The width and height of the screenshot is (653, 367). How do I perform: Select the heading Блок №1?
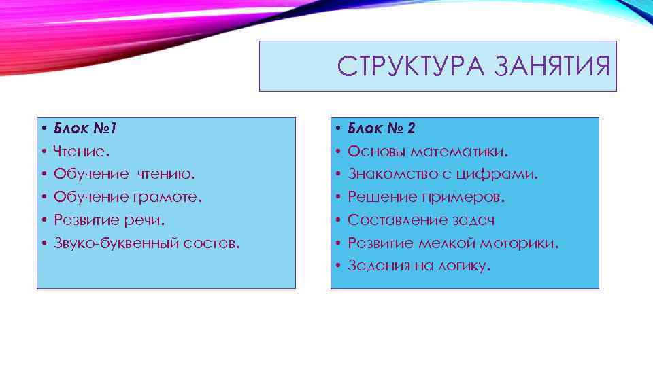pyautogui.click(x=86, y=128)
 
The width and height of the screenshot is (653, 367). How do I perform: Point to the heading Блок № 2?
pyautogui.click(x=382, y=128)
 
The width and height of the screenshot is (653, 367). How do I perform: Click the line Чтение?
pyautogui.click(x=78, y=151)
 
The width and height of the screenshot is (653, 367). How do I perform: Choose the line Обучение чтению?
pyautogui.click(x=124, y=174)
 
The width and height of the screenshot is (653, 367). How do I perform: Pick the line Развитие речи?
pyautogui.click(x=109, y=220)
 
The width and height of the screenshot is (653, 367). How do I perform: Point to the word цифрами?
pyautogui.click(x=503, y=174)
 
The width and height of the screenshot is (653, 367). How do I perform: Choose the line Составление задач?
pyautogui.click(x=421, y=220)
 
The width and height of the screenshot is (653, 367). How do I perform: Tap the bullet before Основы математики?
pyautogui.click(x=337, y=151)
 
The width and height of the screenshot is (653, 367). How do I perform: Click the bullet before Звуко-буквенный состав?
pyautogui.click(x=43, y=243)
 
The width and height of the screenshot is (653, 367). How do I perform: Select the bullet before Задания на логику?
pyautogui.click(x=337, y=266)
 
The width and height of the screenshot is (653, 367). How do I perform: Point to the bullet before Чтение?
pyautogui.click(x=43, y=151)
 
